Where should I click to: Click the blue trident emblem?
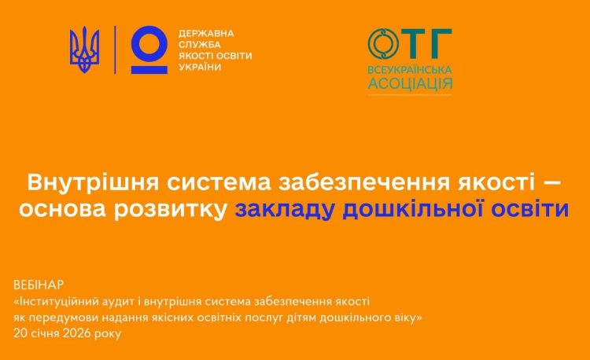pyautogui.click(x=84, y=50)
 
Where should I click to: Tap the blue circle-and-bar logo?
pyautogui.click(x=149, y=50)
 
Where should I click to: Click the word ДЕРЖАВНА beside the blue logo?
pyautogui.click(x=206, y=34)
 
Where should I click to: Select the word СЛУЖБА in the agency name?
pyautogui.click(x=200, y=45)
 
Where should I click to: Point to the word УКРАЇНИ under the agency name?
pyautogui.click(x=200, y=68)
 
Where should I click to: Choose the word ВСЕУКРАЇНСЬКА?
pyautogui.click(x=410, y=70)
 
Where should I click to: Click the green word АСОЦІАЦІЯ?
pyautogui.click(x=410, y=83)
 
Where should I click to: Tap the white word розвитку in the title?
pyautogui.click(x=170, y=210)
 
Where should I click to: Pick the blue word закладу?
pyautogui.click(x=285, y=210)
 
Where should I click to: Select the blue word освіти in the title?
pyautogui.click(x=530, y=209)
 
